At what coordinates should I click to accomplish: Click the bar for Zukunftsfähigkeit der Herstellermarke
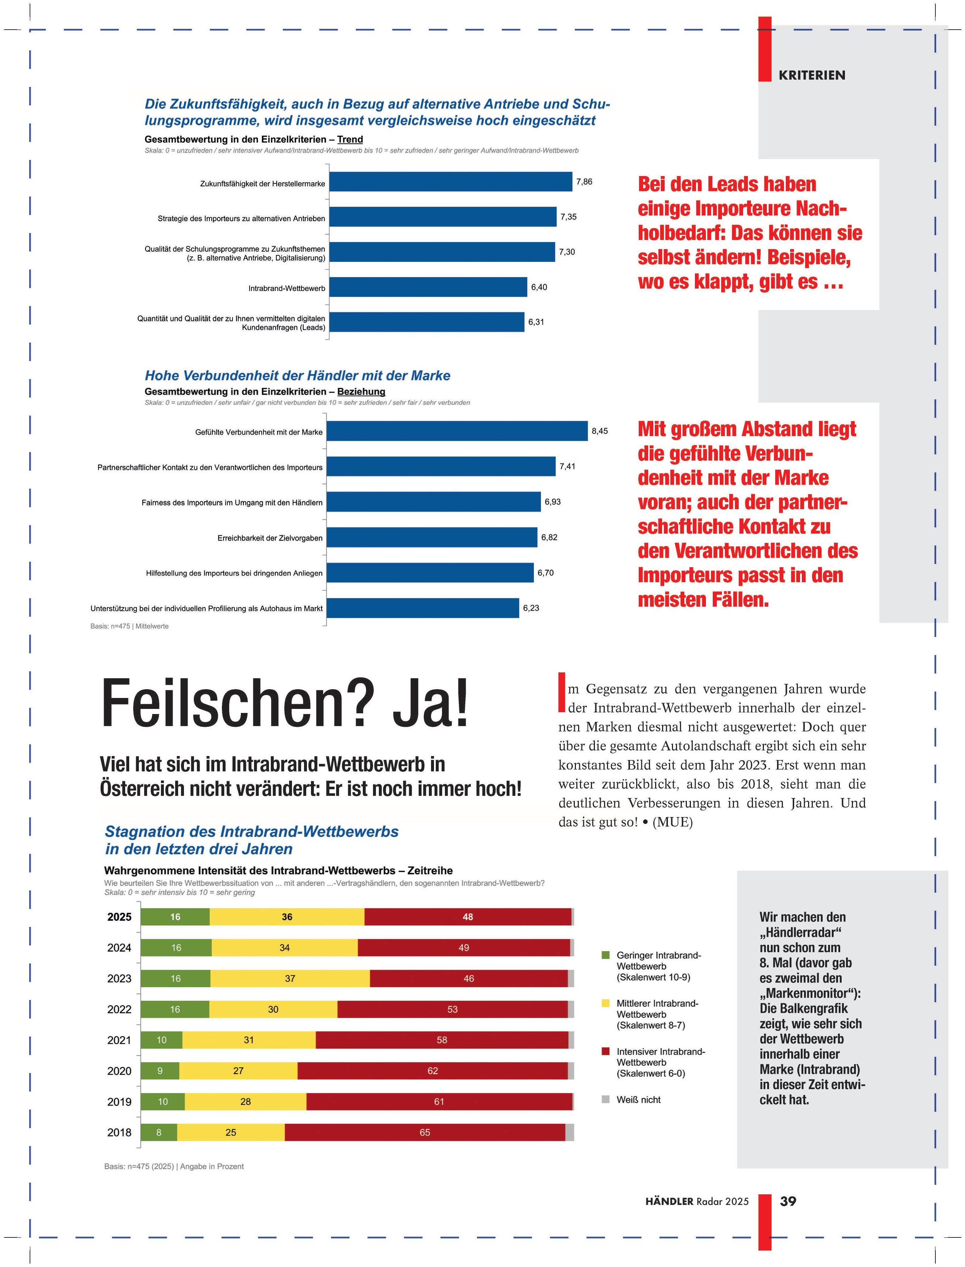click(x=450, y=182)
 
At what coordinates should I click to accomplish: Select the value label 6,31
click(x=536, y=322)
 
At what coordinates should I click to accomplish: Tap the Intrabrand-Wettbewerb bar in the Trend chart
click(x=428, y=287)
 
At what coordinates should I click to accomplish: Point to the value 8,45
click(x=599, y=431)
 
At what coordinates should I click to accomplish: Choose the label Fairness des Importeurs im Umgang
click(x=231, y=503)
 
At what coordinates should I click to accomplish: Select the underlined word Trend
click(x=350, y=139)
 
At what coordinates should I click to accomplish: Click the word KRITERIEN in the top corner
click(x=812, y=75)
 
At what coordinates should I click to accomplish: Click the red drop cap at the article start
click(x=562, y=692)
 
